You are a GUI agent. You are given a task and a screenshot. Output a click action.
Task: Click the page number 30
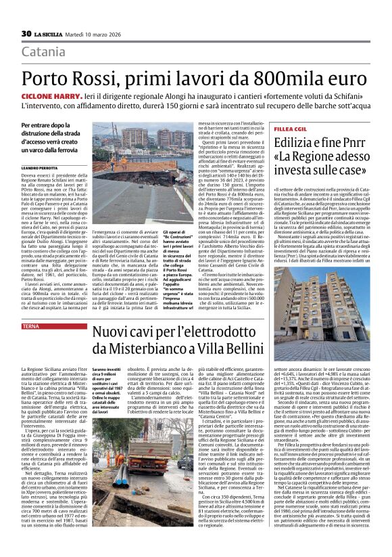point(27,33)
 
